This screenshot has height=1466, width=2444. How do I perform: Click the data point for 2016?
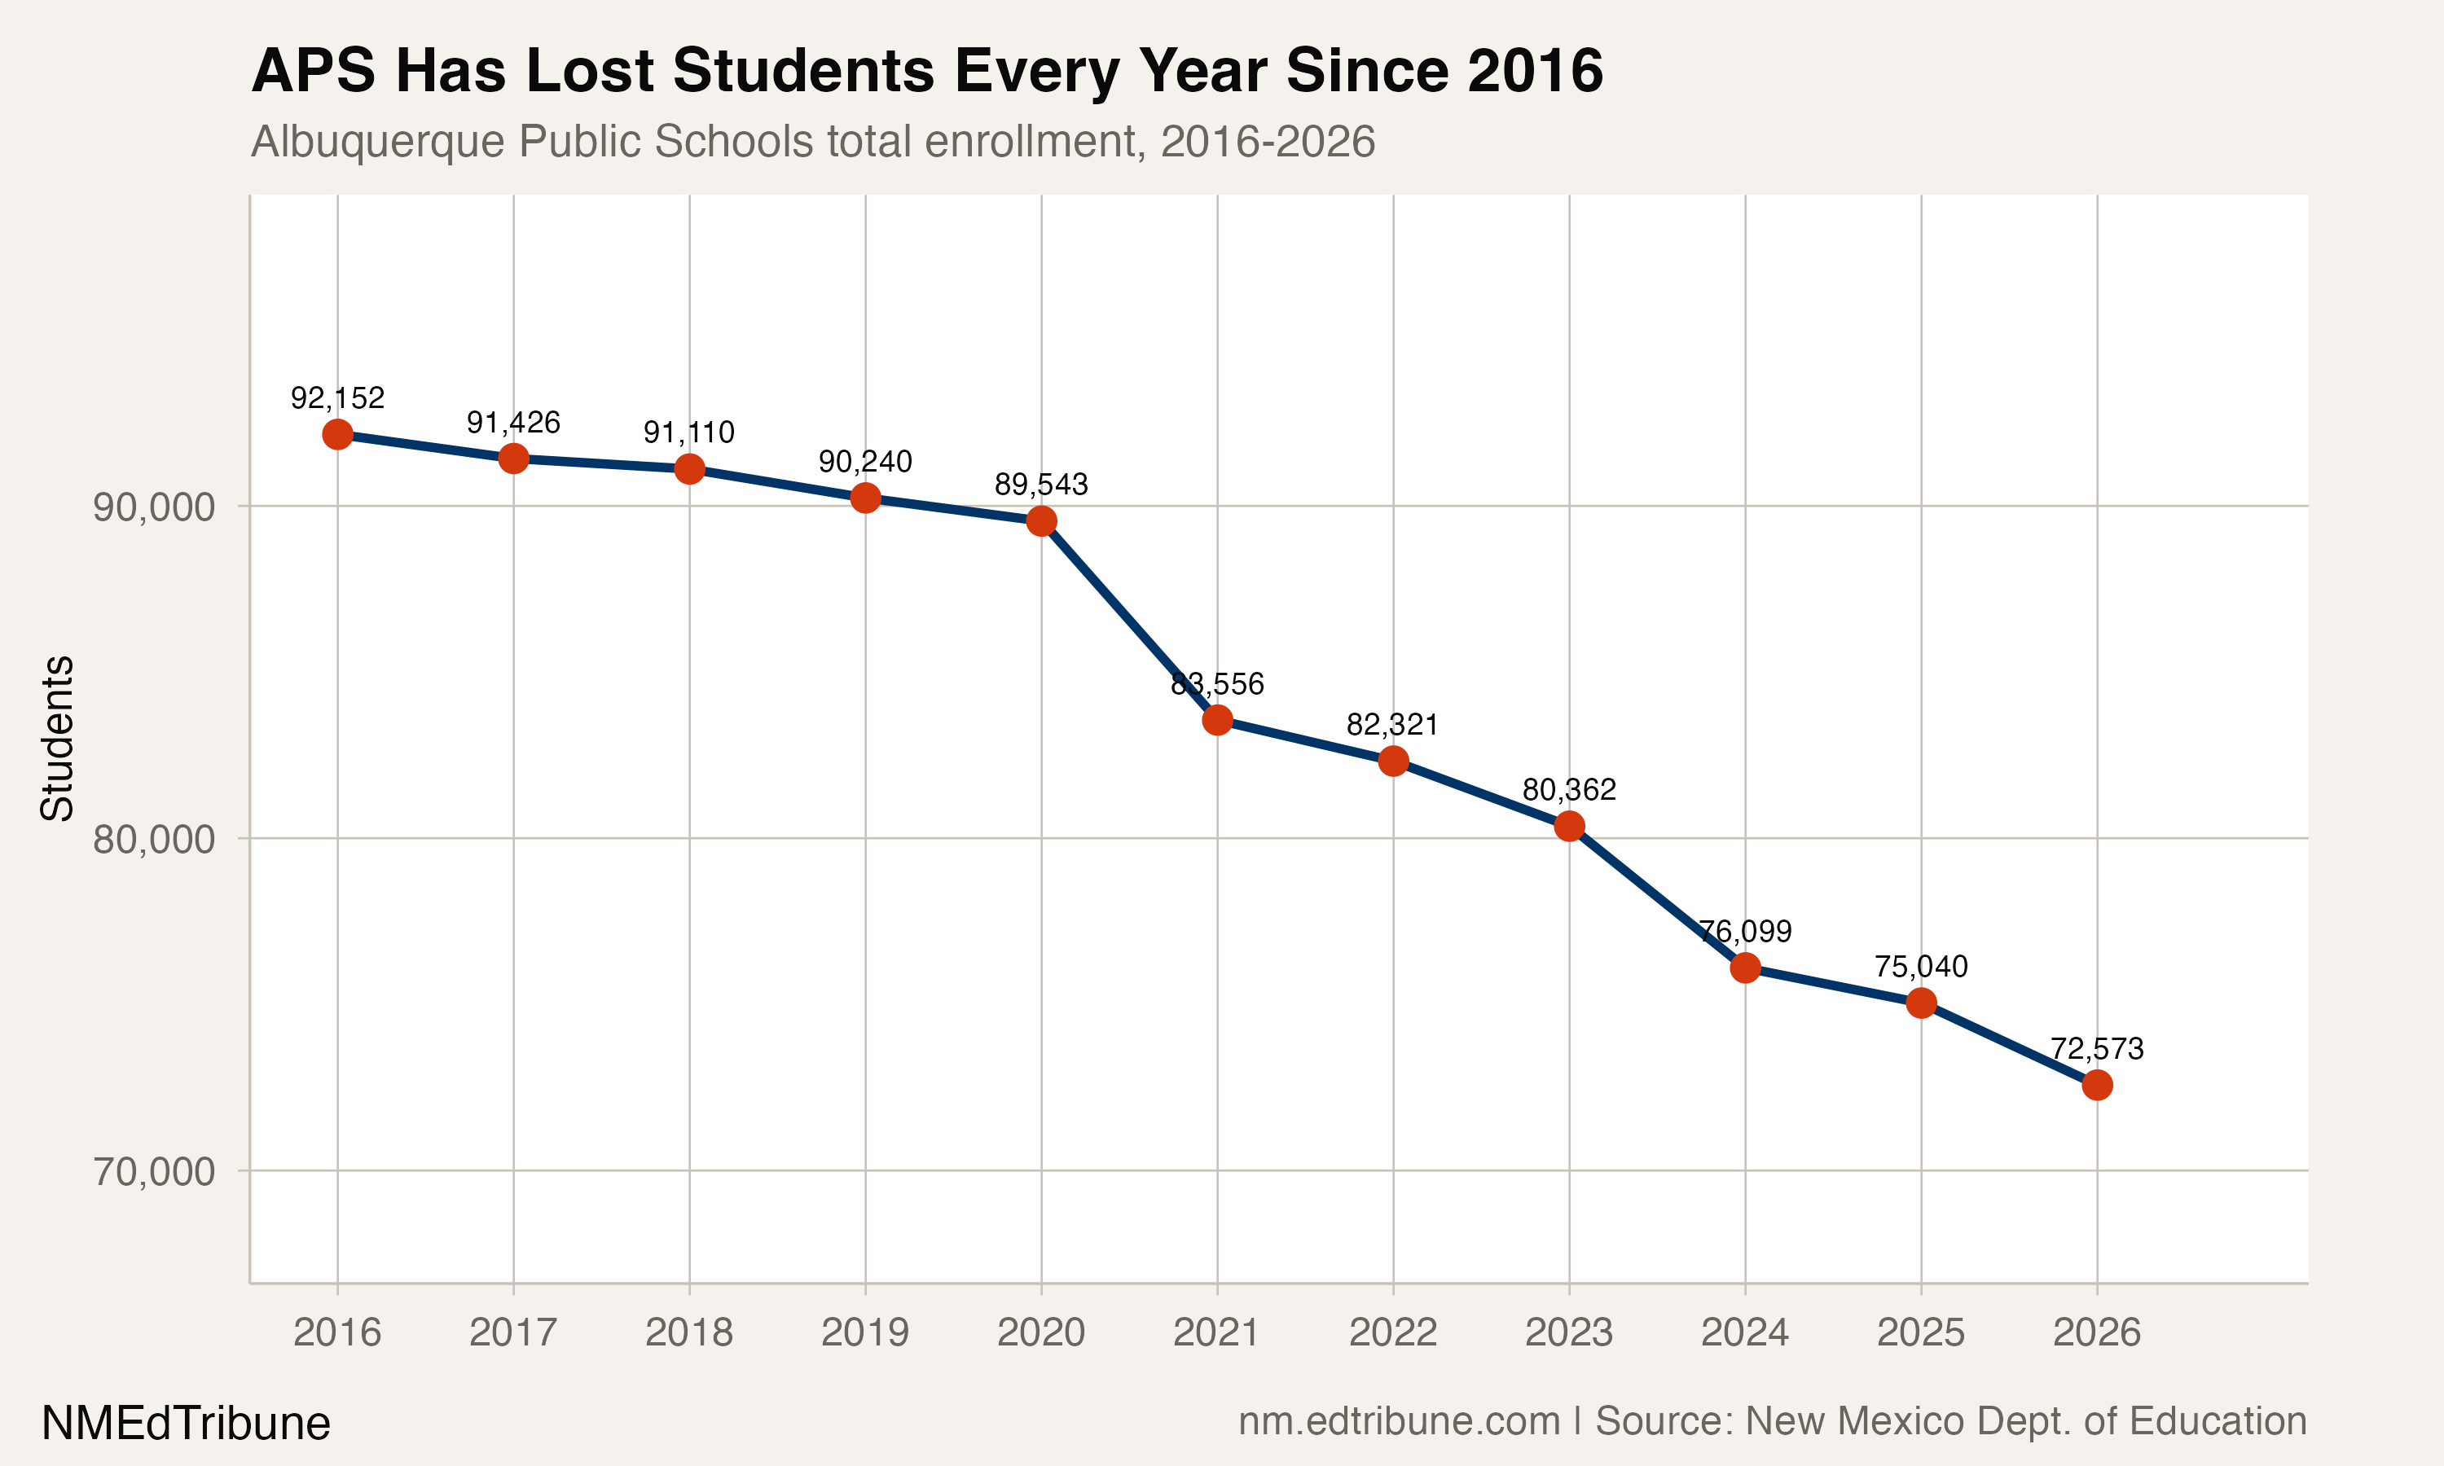337,433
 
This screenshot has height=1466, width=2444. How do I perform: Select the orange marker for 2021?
1217,719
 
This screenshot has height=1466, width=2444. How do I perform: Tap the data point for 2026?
2096,1085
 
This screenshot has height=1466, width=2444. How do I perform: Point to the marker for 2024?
1744,967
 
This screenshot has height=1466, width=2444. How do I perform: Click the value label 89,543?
1040,484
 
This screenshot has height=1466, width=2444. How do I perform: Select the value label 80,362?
1569,789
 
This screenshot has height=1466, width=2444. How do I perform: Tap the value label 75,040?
1920,966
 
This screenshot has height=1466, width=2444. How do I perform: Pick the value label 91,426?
512,423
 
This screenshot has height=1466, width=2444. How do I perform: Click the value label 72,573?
2096,1048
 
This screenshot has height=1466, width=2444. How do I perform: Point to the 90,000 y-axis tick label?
153,507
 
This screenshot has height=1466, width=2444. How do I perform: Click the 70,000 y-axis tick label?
153,1172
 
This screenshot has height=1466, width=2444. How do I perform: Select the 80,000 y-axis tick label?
153,840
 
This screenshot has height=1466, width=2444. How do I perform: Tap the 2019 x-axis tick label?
864,1332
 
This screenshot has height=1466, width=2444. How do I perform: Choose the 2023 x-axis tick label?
1569,1332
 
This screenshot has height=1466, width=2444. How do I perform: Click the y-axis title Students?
57,738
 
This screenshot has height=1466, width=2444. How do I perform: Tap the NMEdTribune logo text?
186,1424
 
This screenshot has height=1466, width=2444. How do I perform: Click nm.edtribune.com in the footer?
1399,1420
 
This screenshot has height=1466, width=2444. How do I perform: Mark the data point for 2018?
689,468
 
